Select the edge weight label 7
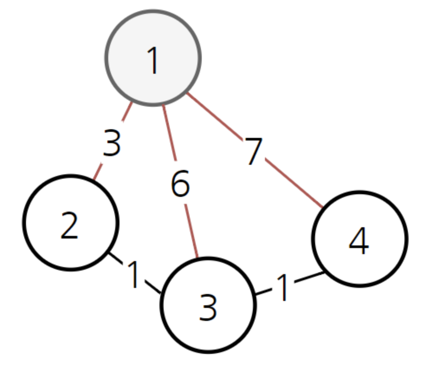pyautogui.click(x=254, y=152)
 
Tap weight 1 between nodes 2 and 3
pyautogui.click(x=134, y=275)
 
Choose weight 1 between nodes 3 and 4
pyautogui.click(x=283, y=288)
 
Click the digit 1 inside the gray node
pyautogui.click(x=153, y=61)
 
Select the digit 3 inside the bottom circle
pyautogui.click(x=208, y=307)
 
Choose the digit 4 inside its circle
pyautogui.click(x=359, y=241)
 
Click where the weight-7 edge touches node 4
pyautogui.click(x=323, y=207)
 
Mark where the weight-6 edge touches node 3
pyautogui.click(x=197, y=258)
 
